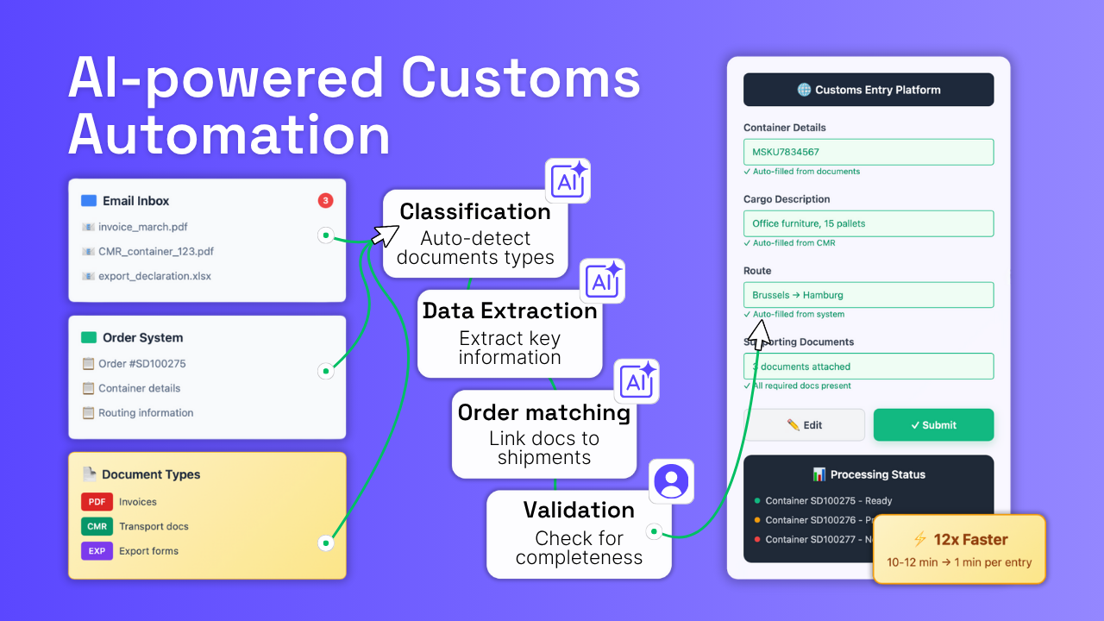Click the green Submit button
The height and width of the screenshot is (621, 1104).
click(x=933, y=425)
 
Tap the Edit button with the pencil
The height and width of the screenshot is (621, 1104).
click(x=804, y=425)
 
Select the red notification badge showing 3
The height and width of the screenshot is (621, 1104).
click(x=325, y=201)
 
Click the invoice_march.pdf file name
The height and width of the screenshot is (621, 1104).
click(x=142, y=227)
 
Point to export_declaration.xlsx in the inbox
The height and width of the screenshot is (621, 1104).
click(x=154, y=276)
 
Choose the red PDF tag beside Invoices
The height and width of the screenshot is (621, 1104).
click(x=97, y=502)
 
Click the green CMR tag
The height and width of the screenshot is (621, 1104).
click(x=97, y=526)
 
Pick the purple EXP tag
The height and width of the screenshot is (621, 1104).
click(x=97, y=551)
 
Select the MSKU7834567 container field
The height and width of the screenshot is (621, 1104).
click(x=868, y=152)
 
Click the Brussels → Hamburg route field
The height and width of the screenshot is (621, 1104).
click(x=868, y=295)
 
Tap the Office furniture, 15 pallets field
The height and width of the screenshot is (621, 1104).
click(x=868, y=223)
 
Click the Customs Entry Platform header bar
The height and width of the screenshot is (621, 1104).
click(x=868, y=90)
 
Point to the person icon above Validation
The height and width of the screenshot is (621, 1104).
click(x=671, y=481)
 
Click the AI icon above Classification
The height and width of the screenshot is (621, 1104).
click(x=568, y=181)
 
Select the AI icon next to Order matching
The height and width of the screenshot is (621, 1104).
click(x=637, y=381)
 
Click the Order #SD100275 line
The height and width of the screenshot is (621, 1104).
click(x=141, y=364)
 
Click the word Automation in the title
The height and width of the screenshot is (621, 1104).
click(x=229, y=135)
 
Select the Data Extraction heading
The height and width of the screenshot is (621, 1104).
click(x=510, y=311)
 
